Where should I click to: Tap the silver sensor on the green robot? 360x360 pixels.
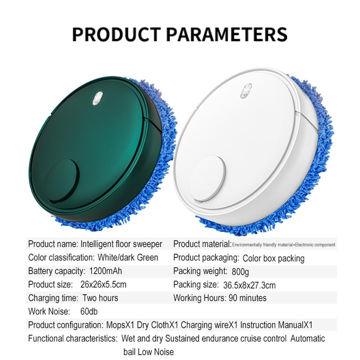click(x=98, y=98)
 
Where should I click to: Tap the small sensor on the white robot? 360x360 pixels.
click(x=246, y=91)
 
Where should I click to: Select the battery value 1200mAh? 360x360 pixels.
click(x=106, y=271)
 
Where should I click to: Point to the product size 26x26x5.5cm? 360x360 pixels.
click(x=103, y=284)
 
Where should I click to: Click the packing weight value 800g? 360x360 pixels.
click(x=240, y=272)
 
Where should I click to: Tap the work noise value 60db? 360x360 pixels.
click(x=89, y=311)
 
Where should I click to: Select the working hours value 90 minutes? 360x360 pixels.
click(x=247, y=298)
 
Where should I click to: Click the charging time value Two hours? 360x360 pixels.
click(x=100, y=298)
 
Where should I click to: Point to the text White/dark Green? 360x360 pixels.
click(x=128, y=257)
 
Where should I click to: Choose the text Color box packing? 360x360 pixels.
click(x=274, y=258)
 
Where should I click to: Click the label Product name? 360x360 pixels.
click(x=53, y=244)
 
